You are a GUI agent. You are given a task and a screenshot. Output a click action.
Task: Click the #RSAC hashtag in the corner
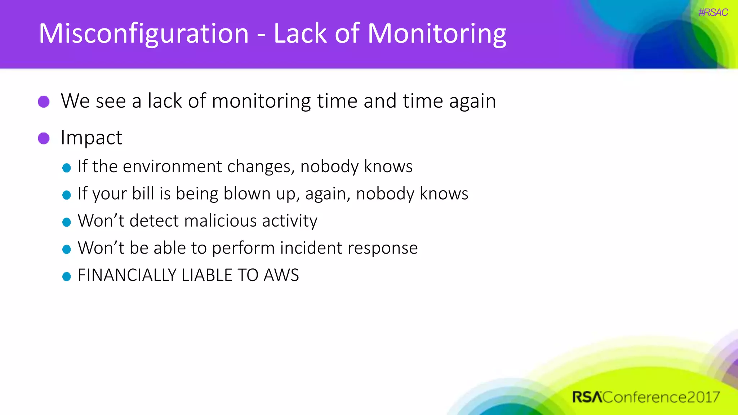tap(713, 13)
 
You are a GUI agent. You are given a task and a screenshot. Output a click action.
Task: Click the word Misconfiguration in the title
tap(143, 34)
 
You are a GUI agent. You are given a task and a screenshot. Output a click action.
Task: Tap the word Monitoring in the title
tap(437, 34)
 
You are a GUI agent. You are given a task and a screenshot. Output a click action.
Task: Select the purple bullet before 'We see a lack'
tap(44, 102)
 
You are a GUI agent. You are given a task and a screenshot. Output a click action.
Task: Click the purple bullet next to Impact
tap(44, 138)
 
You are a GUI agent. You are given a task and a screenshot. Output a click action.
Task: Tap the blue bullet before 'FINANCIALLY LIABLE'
tap(66, 276)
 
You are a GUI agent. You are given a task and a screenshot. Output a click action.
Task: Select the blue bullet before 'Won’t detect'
tap(66, 222)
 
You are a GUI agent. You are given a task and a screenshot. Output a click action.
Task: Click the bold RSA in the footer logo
tap(587, 397)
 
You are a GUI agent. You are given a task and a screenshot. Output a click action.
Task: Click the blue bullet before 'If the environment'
tap(66, 168)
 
